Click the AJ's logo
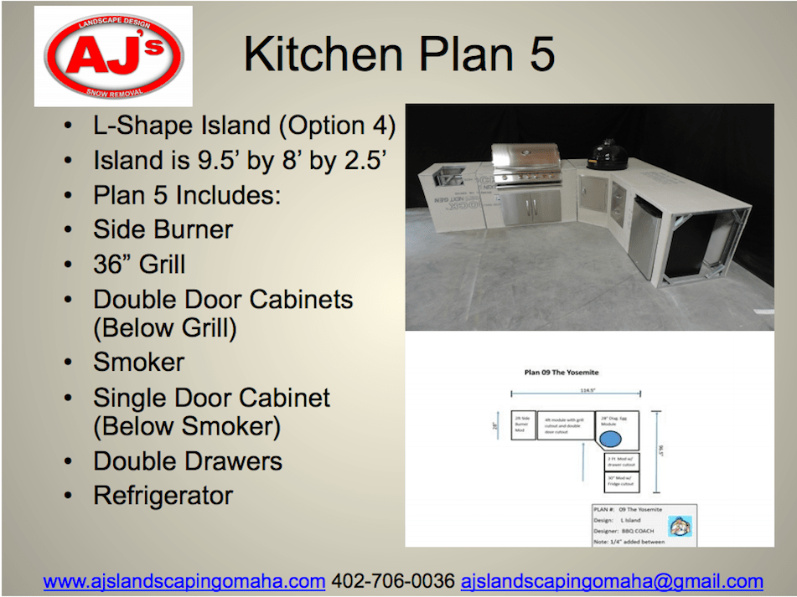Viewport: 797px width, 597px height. point(113,55)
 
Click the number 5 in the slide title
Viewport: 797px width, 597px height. point(537,54)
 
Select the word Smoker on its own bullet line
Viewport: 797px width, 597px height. point(138,363)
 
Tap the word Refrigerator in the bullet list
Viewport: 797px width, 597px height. point(163,496)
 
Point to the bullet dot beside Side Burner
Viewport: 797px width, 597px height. point(67,230)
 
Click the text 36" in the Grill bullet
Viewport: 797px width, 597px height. point(112,265)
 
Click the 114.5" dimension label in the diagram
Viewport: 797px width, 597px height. point(576,389)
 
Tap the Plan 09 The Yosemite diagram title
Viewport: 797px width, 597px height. point(561,373)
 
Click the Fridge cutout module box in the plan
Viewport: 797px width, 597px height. point(622,482)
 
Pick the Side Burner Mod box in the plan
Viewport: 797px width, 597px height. point(522,425)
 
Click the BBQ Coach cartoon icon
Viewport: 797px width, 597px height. point(679,526)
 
